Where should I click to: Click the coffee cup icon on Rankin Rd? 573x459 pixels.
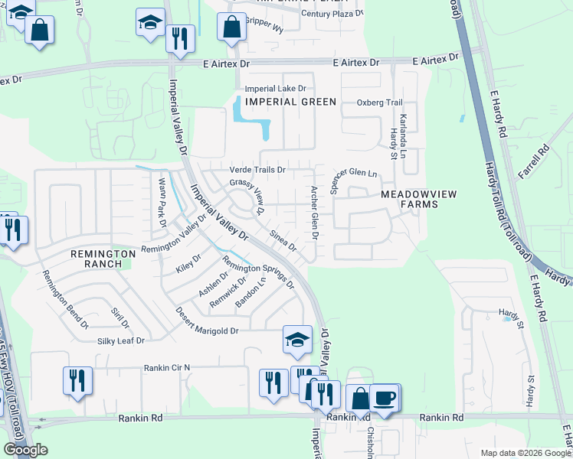click(385, 398)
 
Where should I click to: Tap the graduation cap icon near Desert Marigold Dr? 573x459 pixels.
click(297, 340)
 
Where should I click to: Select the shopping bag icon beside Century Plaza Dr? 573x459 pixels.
click(231, 27)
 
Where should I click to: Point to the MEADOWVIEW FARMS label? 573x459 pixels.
click(419, 199)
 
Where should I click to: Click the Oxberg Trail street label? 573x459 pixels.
click(379, 103)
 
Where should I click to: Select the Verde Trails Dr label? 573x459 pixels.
click(257, 169)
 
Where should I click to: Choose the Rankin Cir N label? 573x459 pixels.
click(166, 368)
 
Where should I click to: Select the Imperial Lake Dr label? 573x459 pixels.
click(275, 89)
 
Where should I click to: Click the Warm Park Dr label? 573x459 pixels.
click(162, 202)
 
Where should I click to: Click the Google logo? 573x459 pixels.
click(25, 450)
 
